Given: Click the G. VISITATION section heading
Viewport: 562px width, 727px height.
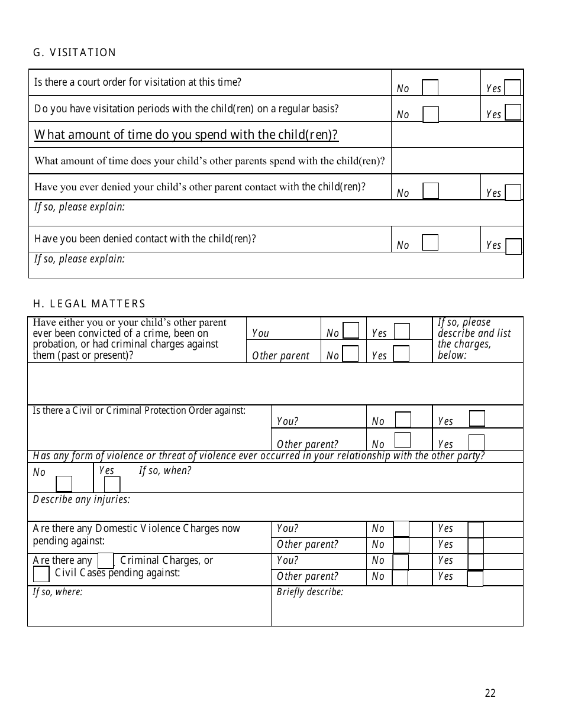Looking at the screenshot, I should (x=75, y=53).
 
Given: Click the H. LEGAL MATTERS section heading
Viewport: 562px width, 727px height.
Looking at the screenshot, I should (x=89, y=304).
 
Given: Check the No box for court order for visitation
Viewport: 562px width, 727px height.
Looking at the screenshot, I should (x=430, y=87).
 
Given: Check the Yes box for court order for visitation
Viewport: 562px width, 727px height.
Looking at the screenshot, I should (x=512, y=87).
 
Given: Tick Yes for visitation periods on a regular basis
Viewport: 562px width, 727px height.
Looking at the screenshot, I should (x=513, y=113).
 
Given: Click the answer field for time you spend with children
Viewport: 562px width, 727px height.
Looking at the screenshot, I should (x=457, y=135).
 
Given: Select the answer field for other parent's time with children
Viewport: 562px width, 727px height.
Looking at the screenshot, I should (x=457, y=161).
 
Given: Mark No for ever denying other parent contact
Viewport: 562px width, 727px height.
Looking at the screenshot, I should (x=431, y=191).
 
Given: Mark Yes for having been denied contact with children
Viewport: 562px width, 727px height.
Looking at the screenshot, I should (x=513, y=246).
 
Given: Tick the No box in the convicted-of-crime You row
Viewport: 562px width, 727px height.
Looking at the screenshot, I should (x=351, y=330).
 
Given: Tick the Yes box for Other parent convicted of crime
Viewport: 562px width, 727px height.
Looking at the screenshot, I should (x=401, y=353).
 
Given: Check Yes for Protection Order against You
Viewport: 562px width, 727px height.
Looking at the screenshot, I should (x=477, y=418).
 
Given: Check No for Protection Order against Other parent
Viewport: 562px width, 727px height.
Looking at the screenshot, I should (x=402, y=440).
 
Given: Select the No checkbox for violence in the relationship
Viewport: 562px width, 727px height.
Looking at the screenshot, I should (x=64, y=484).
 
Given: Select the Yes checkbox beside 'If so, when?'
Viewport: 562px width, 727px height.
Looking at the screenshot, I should (x=112, y=484).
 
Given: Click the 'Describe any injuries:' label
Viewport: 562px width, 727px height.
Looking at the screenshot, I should (x=82, y=499).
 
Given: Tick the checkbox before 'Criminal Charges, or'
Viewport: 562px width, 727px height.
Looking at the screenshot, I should (x=105, y=560).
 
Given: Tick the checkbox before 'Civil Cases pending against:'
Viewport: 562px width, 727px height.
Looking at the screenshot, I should (x=41, y=574).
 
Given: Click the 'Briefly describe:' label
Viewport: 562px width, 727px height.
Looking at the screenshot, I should (x=310, y=592).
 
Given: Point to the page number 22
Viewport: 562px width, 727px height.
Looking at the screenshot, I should (x=490, y=693).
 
